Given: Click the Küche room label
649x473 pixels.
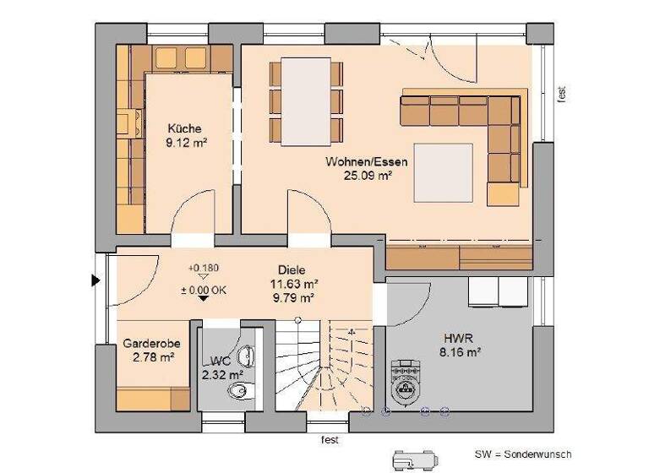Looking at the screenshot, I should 183,128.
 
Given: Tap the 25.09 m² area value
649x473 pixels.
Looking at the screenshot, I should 368,176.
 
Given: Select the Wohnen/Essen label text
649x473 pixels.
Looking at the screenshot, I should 367,161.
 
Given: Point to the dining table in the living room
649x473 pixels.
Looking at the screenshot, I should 307,101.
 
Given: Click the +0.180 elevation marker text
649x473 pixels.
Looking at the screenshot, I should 204,268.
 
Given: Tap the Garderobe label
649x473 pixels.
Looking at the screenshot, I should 149,344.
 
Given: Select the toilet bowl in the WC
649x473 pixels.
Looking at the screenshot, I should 240,389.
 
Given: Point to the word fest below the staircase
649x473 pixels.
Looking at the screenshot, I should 330,440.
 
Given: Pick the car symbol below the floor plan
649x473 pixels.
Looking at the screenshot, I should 412,459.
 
